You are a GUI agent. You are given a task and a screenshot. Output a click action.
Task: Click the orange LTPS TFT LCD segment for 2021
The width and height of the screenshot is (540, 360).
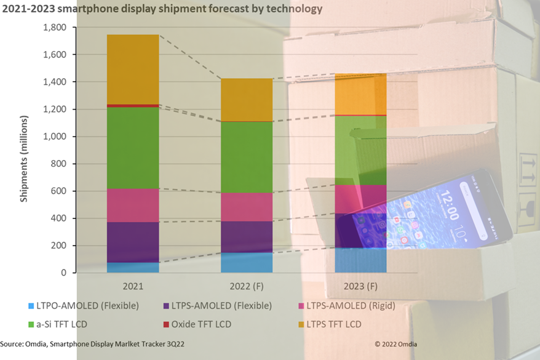pos(133,70)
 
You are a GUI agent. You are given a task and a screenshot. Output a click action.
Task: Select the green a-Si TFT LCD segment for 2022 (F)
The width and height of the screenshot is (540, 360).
pos(247,157)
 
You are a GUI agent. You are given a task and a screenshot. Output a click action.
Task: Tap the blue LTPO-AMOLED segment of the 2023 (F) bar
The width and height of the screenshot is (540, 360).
pos(360,260)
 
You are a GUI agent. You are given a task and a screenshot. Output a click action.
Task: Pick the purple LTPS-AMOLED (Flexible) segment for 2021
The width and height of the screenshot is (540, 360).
pos(133,242)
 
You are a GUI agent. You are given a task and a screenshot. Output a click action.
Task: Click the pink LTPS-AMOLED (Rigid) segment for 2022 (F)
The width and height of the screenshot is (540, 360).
pos(247,207)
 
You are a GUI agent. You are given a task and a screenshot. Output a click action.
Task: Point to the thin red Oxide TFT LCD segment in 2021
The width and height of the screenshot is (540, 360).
pos(133,106)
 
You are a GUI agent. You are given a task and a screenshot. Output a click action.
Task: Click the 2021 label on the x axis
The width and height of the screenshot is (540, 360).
pos(133,287)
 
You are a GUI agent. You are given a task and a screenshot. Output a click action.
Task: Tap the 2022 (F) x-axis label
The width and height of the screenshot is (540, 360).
pos(247,287)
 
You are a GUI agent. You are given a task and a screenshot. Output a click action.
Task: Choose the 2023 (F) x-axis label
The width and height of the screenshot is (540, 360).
pos(361,287)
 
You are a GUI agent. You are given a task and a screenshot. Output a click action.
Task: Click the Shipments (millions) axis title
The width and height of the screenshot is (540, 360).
pos(25,158)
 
